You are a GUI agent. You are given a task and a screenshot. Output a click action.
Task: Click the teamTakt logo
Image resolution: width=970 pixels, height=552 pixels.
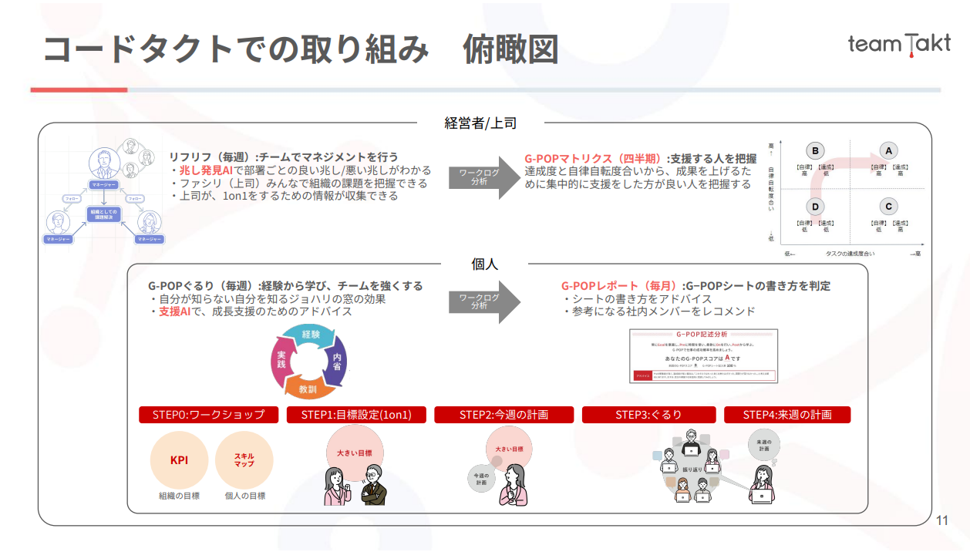[899, 43]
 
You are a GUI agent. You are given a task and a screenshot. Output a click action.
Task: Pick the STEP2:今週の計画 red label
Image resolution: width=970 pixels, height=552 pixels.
[504, 415]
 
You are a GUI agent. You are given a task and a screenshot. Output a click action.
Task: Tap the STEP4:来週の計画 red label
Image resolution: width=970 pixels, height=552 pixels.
[787, 415]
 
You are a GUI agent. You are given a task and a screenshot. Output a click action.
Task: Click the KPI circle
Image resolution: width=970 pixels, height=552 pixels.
[179, 460]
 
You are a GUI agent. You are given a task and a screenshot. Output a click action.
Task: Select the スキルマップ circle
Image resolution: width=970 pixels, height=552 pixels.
[244, 460]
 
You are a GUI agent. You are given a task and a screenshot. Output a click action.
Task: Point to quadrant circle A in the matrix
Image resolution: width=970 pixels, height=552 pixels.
[889, 151]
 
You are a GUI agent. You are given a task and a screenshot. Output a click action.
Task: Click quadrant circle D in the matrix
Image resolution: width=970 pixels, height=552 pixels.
[815, 207]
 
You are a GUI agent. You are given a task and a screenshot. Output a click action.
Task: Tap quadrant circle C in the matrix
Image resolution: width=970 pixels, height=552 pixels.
[889, 207]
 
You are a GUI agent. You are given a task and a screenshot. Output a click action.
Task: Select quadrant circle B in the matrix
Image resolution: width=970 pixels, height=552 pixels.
[815, 151]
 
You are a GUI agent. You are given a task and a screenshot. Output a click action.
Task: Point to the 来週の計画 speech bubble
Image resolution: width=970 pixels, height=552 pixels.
[763, 445]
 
